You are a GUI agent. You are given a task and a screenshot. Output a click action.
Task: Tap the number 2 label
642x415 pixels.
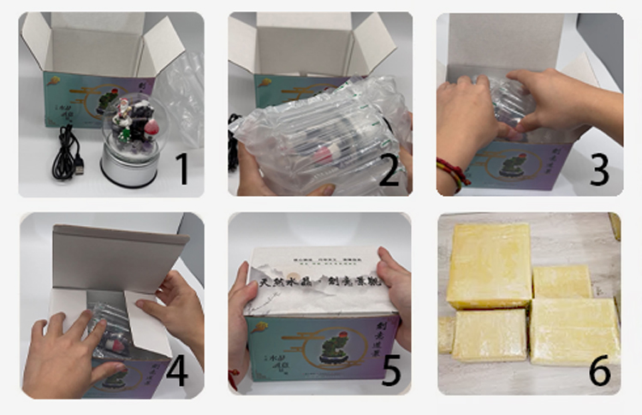(x=389, y=169)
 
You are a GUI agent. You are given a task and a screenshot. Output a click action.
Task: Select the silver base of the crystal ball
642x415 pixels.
(x=126, y=165)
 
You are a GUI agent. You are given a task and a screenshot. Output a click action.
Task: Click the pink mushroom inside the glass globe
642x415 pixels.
(x=151, y=127)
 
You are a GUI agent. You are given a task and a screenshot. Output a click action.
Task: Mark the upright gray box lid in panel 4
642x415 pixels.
(x=120, y=257)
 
